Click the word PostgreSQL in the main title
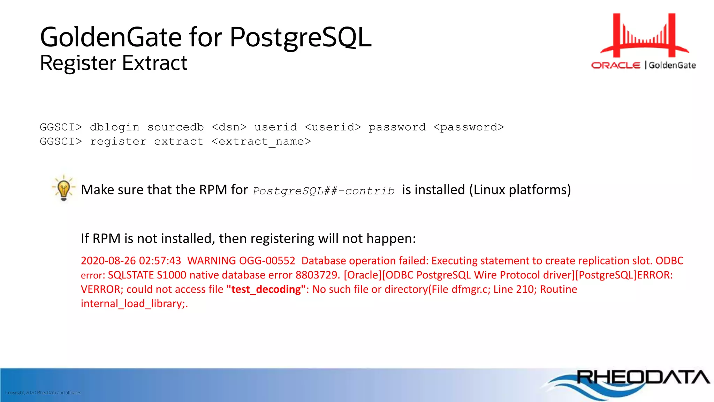point(301,38)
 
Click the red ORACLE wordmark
point(616,65)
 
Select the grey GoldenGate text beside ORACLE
point(672,65)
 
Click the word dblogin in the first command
point(114,127)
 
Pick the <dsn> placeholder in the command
point(229,127)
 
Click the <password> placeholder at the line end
point(469,127)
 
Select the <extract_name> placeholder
point(261,142)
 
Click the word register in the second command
point(118,142)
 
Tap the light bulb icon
point(63,188)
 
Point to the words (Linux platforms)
point(520,190)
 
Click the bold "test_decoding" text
point(266,289)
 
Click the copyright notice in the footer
point(43,393)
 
